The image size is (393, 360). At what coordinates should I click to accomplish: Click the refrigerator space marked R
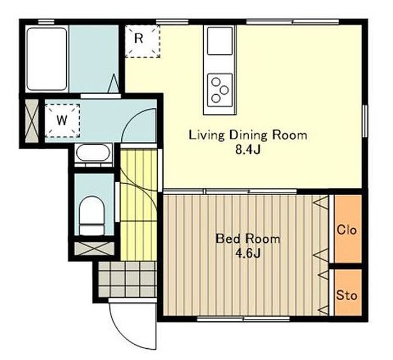coord(143,41)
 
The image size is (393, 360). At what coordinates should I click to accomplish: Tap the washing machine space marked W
coord(62,121)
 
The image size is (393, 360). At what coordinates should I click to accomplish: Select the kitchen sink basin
coord(220,41)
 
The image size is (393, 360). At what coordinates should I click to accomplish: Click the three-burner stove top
coord(220,90)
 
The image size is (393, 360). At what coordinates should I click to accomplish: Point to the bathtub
coord(47,59)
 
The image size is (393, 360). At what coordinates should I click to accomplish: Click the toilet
coord(92,216)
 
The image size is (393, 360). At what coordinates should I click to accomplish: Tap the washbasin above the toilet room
coord(93,153)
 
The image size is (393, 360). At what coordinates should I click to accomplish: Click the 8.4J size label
coord(248,150)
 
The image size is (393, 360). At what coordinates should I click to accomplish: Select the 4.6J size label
coord(248,253)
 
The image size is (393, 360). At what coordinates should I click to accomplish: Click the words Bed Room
coord(248,239)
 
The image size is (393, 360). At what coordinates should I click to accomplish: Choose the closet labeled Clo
coord(348,229)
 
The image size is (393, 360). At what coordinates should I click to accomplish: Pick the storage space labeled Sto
coord(348,292)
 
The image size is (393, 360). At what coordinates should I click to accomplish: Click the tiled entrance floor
coord(127,279)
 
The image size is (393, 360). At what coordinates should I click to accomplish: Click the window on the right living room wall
coord(365,121)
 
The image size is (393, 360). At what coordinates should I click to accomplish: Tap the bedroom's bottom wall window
coord(243,319)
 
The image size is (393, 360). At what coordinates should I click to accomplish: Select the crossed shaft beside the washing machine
coord(32,121)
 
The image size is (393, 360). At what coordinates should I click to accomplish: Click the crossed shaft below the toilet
coord(94,248)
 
